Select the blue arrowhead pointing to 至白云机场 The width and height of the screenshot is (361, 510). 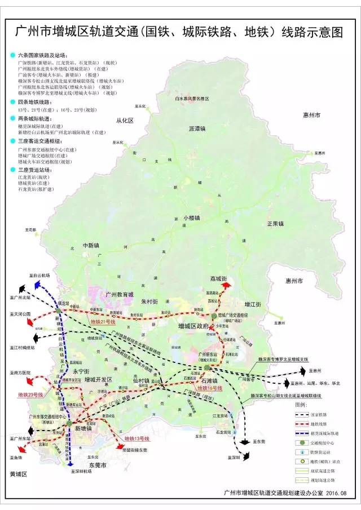click(x=37, y=286)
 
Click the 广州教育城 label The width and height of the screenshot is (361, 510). click(x=120, y=295)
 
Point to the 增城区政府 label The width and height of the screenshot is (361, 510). click(x=193, y=326)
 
